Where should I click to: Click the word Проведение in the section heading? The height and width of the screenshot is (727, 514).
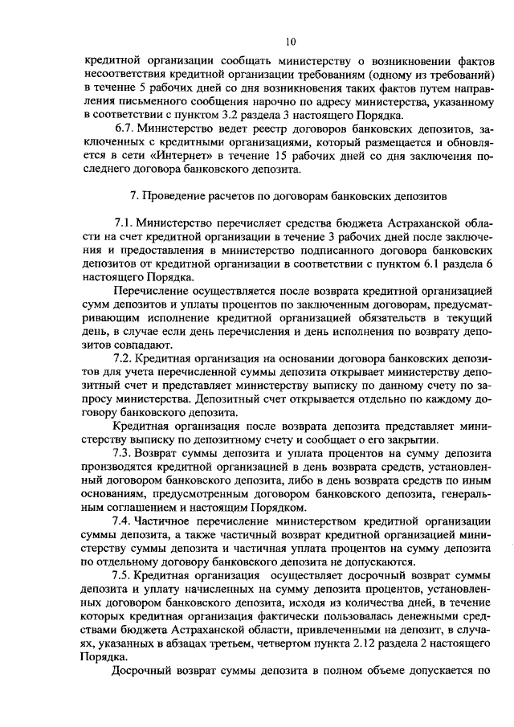point(174,196)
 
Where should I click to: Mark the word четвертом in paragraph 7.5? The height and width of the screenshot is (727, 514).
point(266,642)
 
